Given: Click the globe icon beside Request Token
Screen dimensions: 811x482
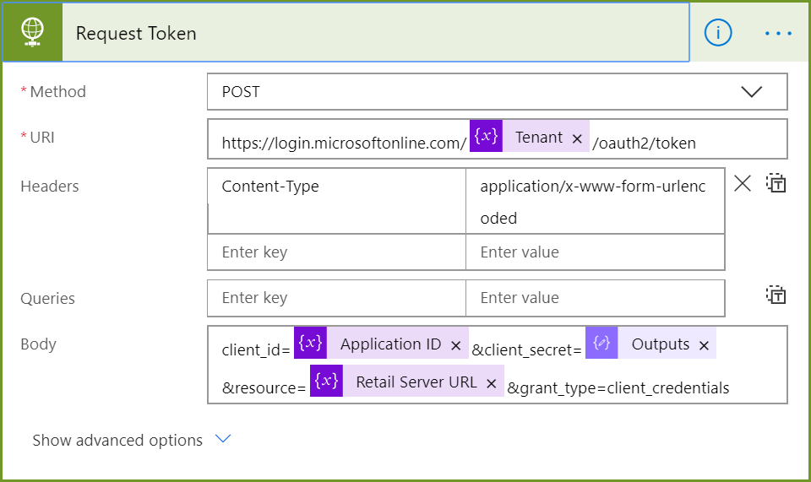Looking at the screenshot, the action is [x=32, y=32].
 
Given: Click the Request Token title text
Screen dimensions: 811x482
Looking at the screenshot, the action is [x=136, y=34].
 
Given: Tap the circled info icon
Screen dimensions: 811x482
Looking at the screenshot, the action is [x=718, y=33].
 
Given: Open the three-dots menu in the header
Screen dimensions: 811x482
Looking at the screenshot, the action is [x=778, y=34].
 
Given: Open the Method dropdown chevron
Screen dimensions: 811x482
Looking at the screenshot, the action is [x=751, y=92].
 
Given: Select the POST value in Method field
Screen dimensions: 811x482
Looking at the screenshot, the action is [x=241, y=92].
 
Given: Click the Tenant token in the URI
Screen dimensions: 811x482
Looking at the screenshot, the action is [x=529, y=137].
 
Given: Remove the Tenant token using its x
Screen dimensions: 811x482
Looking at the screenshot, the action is [x=577, y=138].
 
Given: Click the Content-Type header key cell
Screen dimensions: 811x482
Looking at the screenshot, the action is [x=337, y=201].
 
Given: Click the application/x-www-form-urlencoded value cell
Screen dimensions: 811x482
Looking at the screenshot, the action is [x=595, y=201].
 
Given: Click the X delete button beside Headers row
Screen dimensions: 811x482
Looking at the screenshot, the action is [x=743, y=183].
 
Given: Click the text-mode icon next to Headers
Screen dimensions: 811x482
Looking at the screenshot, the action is [x=776, y=183].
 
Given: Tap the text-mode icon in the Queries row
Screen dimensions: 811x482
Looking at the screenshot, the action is [x=776, y=295].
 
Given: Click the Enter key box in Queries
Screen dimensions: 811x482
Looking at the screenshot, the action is [x=337, y=298].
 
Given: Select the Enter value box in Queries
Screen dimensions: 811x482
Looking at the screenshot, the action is [x=595, y=298].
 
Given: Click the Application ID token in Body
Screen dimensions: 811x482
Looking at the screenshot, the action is [x=381, y=343].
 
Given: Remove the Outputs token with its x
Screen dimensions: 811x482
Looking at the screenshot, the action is [x=704, y=345].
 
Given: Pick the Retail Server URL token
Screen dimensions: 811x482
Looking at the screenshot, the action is [x=407, y=382].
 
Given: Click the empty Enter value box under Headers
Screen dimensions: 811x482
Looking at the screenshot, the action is [x=595, y=252].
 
